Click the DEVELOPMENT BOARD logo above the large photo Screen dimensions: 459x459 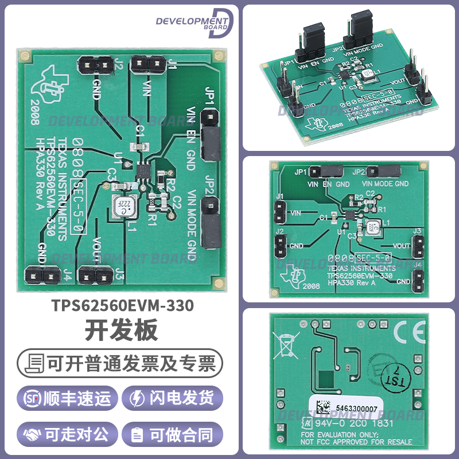[195, 23]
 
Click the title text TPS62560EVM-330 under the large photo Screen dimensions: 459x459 [120, 306]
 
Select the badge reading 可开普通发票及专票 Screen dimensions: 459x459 [120, 363]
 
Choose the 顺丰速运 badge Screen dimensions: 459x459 [68, 398]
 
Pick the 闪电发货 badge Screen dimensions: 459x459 [174, 398]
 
